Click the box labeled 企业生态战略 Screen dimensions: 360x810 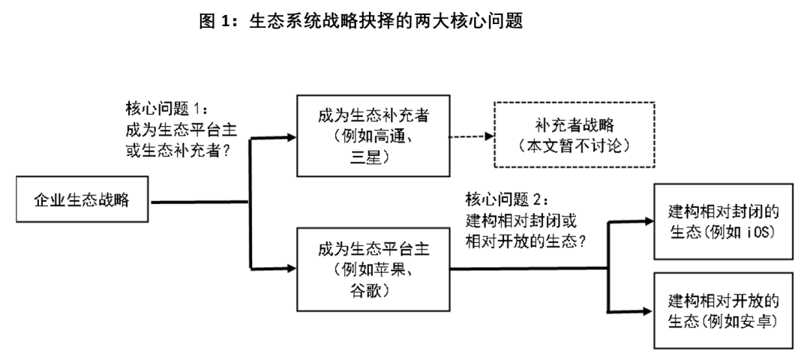(82, 201)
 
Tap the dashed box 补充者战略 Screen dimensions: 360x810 (574, 134)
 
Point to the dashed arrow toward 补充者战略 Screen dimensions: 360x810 (469, 136)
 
